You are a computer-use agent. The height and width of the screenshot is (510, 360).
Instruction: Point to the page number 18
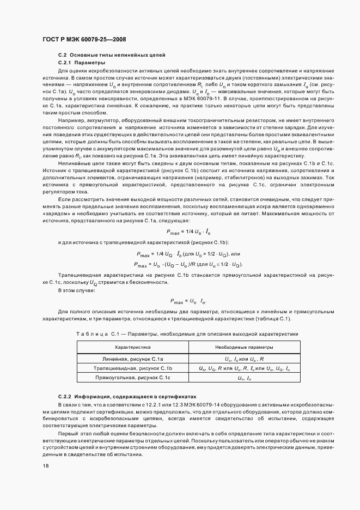point(45,466)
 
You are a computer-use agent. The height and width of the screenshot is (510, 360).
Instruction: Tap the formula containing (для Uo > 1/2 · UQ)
point(188,254)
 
